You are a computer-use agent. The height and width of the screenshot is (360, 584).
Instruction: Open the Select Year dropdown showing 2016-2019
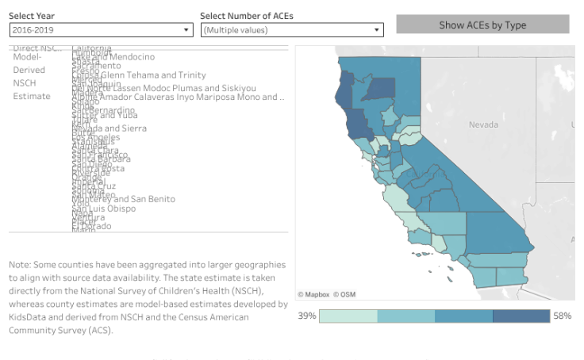(x=101, y=29)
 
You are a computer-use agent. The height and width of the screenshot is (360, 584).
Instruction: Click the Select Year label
(x=32, y=16)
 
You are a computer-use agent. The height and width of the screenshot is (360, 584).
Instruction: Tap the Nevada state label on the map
(x=483, y=124)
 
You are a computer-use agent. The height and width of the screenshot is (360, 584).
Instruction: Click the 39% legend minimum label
(x=306, y=316)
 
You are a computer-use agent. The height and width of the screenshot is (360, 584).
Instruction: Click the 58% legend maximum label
(x=563, y=316)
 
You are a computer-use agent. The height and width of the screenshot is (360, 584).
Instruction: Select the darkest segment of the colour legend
(x=521, y=316)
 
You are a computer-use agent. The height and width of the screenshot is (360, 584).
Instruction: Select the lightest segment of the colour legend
(x=348, y=316)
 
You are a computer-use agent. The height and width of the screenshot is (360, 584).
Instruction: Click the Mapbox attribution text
(x=315, y=294)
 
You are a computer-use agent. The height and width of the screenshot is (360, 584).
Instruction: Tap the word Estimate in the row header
(x=31, y=96)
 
